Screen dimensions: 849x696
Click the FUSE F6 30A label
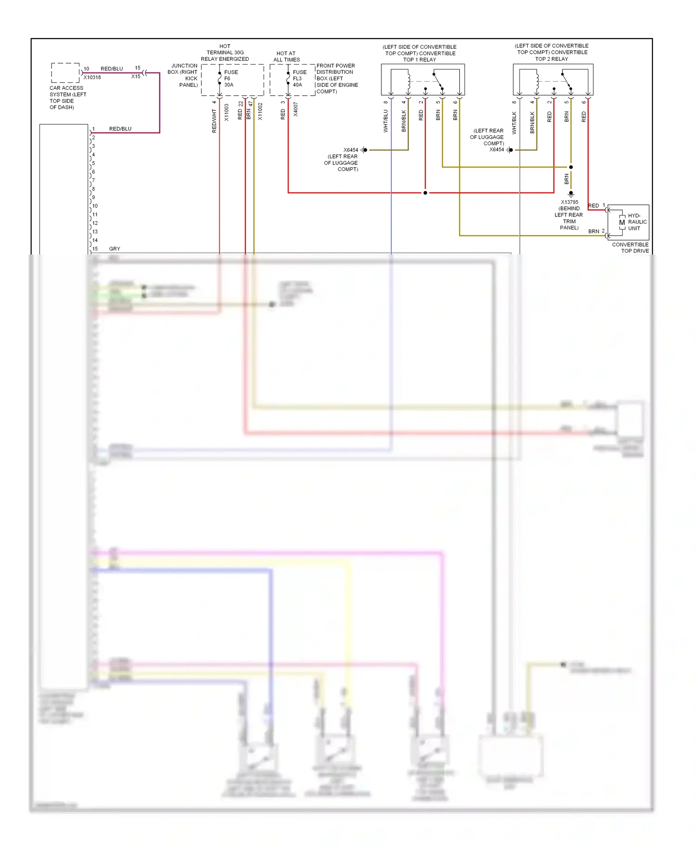coord(231,78)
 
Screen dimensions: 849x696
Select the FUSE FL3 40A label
coord(299,78)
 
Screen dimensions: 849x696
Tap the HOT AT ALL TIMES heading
coord(286,57)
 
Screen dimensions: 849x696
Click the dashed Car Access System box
coord(65,73)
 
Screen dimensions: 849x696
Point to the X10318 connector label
coord(92,78)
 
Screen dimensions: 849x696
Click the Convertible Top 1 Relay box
coord(423,80)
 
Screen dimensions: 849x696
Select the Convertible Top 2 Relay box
coord(553,80)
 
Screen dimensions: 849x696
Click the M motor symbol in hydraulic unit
coord(622,222)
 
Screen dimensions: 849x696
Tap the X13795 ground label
coord(569,202)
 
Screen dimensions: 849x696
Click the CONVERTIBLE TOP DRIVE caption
coord(630,248)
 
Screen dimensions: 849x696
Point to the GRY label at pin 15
coord(114,249)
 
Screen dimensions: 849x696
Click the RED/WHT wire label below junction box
coord(214,121)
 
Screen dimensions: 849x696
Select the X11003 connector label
coord(226,112)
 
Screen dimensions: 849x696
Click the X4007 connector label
coord(296,110)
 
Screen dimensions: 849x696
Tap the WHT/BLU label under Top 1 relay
coord(386,121)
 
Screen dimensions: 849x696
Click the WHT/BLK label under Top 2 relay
coord(514,123)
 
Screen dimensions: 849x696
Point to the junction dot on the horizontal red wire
coord(425,193)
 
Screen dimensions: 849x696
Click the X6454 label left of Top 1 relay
coord(350,150)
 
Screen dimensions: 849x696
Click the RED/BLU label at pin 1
coord(120,129)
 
